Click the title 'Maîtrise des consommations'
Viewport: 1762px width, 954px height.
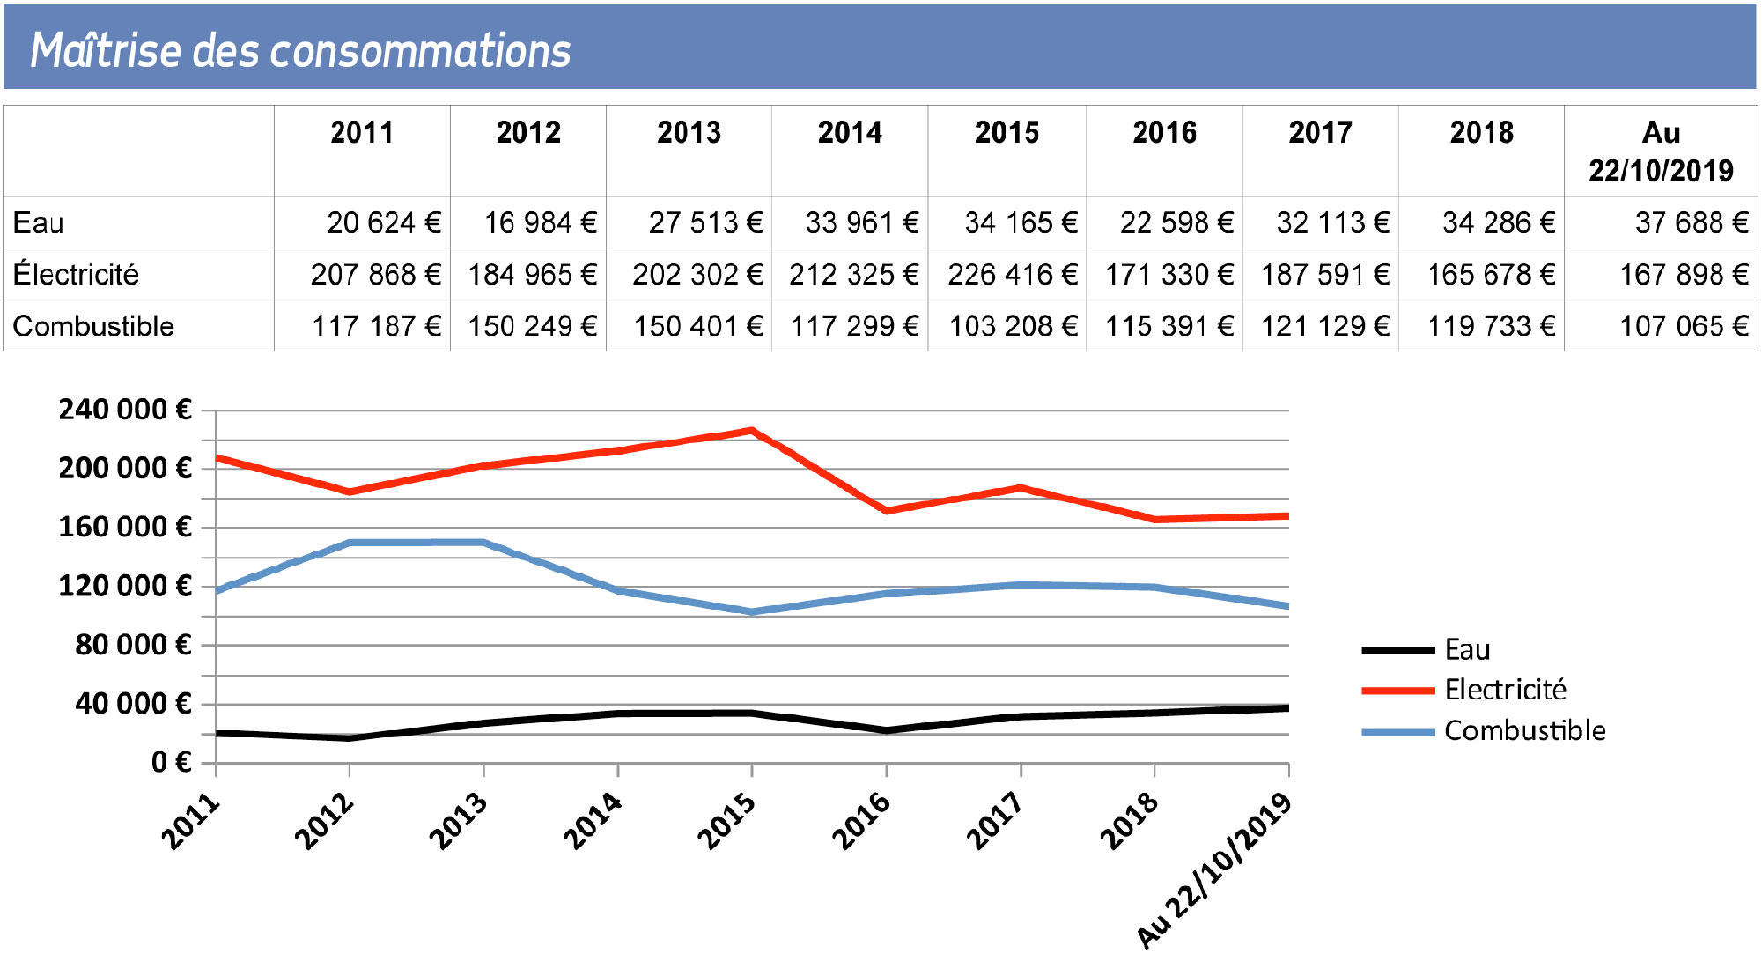(300, 50)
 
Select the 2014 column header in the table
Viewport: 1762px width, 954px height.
(850, 133)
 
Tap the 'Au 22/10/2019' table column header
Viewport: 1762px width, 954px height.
(1661, 151)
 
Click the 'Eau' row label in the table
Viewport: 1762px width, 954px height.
(39, 223)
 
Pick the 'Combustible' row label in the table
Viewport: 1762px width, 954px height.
(93, 327)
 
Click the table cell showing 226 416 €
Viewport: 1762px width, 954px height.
(1012, 275)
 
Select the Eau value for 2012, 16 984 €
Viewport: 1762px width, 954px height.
(540, 223)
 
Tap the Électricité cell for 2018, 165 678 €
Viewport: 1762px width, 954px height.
(1491, 275)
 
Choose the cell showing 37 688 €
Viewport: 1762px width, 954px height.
(1691, 223)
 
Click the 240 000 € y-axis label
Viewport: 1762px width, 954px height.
(124, 410)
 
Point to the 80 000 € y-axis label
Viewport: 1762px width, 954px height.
(133, 645)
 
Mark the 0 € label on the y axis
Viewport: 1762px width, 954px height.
(171, 762)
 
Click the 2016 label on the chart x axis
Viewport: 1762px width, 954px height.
(862, 820)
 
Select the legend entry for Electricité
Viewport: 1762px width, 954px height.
(1505, 690)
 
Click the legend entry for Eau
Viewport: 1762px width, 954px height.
(1467, 650)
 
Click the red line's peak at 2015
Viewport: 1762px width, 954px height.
(752, 431)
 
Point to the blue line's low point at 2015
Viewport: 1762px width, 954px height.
(752, 611)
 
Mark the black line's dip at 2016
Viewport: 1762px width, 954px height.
(887, 730)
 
